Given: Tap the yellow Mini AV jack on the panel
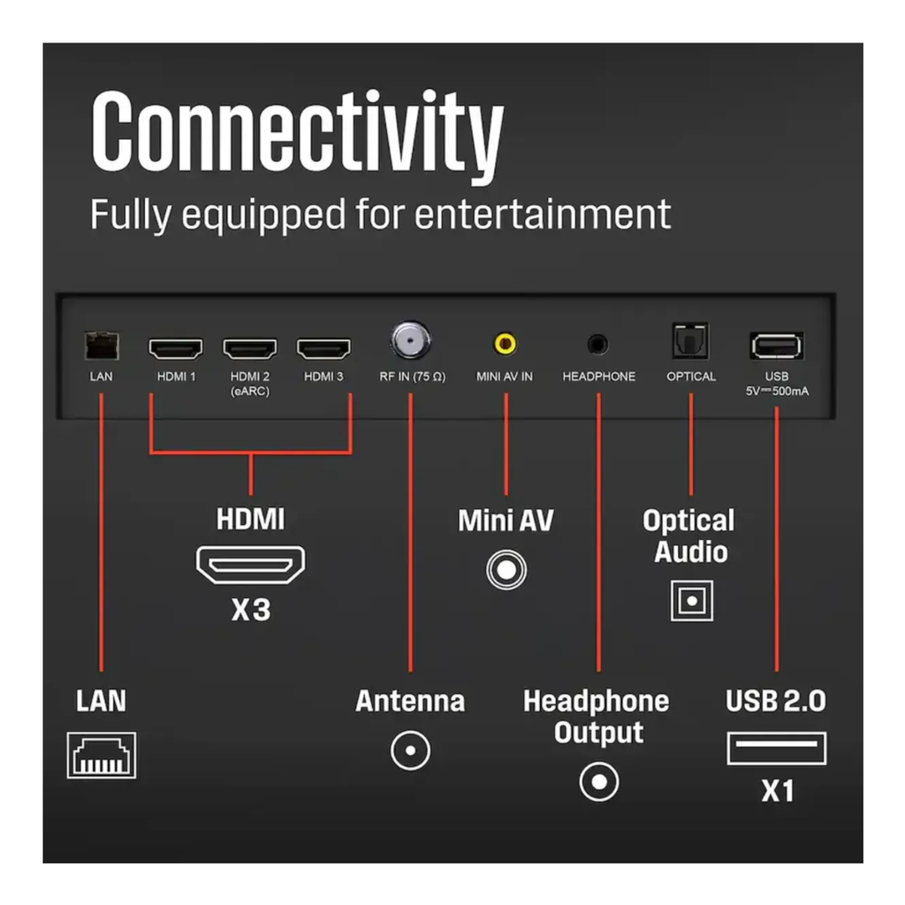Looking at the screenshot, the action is click(x=505, y=344).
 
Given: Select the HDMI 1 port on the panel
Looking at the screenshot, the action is click(x=176, y=348).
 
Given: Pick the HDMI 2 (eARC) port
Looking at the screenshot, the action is click(x=250, y=348).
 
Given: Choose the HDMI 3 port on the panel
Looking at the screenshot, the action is click(x=323, y=348).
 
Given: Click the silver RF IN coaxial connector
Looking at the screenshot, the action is click(x=410, y=340).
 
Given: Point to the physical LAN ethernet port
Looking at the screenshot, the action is click(x=102, y=346).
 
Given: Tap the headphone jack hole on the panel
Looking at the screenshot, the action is click(x=598, y=345).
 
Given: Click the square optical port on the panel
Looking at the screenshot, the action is click(x=690, y=341).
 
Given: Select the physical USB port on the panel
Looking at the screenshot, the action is click(x=776, y=346).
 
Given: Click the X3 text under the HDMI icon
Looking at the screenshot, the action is click(x=251, y=610).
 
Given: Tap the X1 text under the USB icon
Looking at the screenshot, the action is click(x=778, y=791).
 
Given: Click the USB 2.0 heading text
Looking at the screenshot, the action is click(x=776, y=701).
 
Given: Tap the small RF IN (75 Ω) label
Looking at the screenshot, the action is click(x=412, y=376).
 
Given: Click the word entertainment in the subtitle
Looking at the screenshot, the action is click(x=543, y=214).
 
